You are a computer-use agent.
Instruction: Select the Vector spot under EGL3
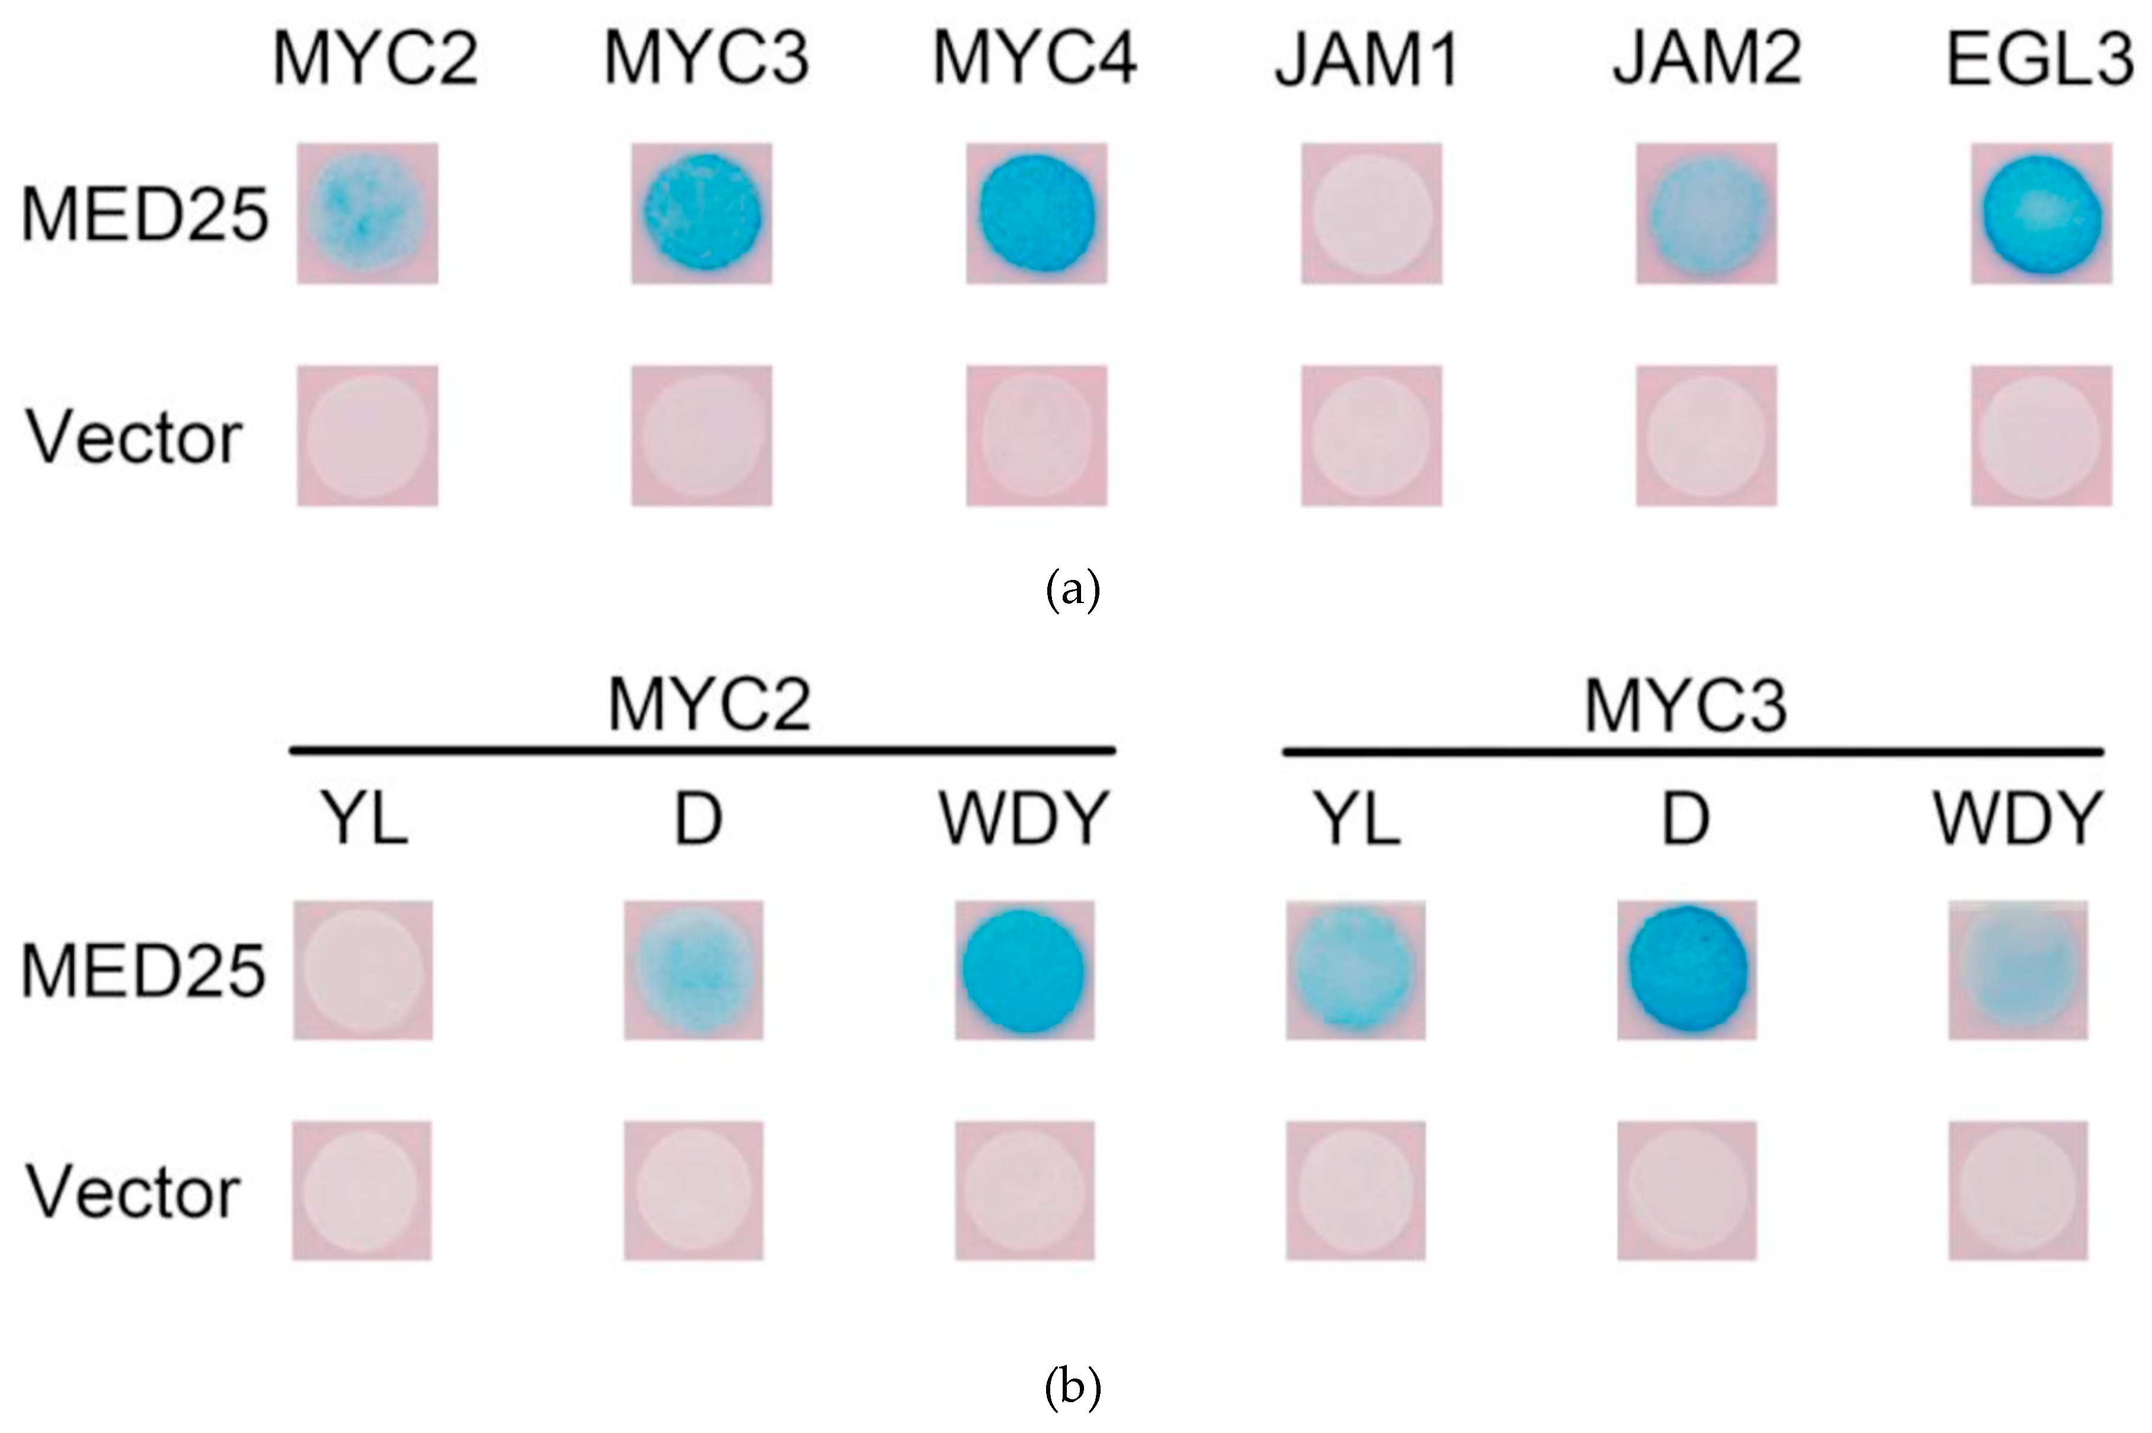[2041, 436]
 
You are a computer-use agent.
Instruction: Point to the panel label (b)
[1073, 1387]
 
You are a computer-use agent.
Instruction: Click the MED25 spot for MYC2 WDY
[1024, 970]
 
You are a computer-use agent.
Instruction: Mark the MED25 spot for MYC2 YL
[363, 970]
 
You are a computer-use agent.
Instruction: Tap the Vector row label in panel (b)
[133, 1192]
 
